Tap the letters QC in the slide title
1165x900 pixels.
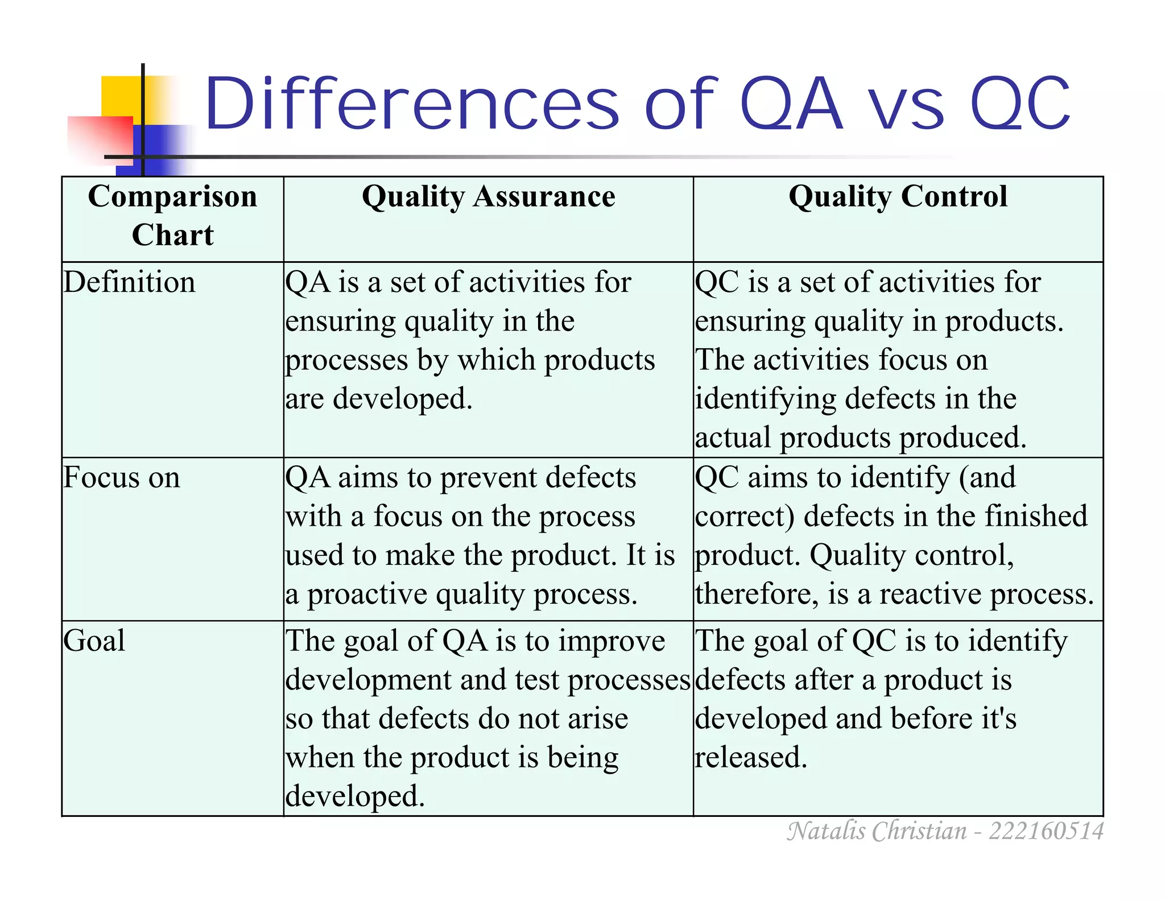click(x=1019, y=106)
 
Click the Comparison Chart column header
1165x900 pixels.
click(x=172, y=215)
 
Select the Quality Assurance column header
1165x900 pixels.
click(x=488, y=197)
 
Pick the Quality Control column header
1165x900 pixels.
click(x=898, y=197)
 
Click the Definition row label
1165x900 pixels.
click(x=129, y=283)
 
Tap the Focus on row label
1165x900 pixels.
click(x=121, y=478)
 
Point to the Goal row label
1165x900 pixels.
click(x=94, y=641)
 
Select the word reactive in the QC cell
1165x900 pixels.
click(x=931, y=595)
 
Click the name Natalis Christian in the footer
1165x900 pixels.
click(x=877, y=831)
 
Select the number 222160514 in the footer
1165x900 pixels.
click(x=1046, y=831)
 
